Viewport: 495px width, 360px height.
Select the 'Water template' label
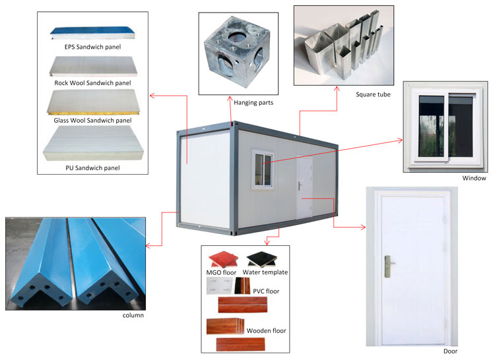(266, 272)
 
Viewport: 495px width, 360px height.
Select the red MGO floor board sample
(221, 258)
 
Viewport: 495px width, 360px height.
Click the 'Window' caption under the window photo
(474, 178)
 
